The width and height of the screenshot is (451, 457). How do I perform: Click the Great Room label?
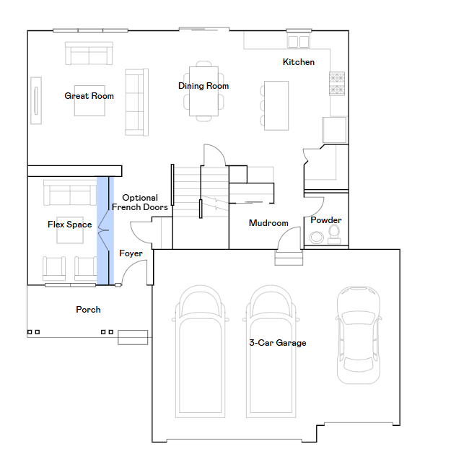(x=89, y=96)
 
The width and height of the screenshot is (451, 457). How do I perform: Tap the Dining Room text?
(x=203, y=86)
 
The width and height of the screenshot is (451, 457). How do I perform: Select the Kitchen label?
(x=299, y=62)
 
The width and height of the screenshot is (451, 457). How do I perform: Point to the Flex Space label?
(x=69, y=225)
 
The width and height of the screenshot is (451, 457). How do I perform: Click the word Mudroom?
(x=268, y=223)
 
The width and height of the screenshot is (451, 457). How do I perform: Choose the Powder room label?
(x=326, y=220)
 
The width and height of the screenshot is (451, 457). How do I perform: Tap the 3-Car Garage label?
(x=278, y=343)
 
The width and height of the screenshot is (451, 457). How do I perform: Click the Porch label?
(x=88, y=310)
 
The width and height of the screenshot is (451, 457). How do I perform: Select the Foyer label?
(x=131, y=253)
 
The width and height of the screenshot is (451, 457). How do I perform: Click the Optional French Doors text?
(x=140, y=202)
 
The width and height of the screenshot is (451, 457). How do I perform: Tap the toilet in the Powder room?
(x=334, y=235)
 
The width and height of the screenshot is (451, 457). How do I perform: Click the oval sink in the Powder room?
(x=316, y=238)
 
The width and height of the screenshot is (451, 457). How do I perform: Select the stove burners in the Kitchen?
(x=337, y=84)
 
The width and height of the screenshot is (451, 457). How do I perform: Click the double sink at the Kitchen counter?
(x=298, y=41)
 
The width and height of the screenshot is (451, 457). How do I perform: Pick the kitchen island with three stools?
(x=274, y=105)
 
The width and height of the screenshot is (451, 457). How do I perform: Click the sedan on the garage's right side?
(x=359, y=335)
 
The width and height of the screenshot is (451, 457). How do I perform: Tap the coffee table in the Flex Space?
(x=70, y=230)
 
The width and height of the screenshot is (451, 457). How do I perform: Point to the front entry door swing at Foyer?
(x=135, y=271)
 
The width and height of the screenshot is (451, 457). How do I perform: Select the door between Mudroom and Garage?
(x=289, y=238)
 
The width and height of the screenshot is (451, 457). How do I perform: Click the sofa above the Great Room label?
(x=89, y=53)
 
